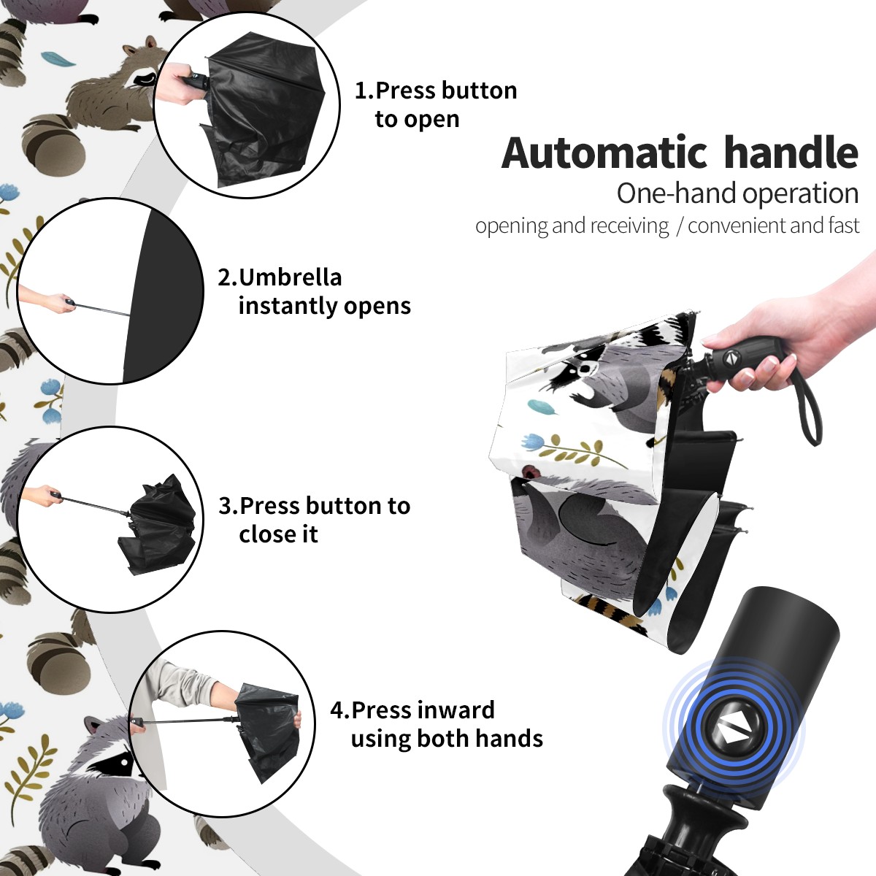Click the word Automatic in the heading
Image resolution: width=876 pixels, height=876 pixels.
tap(604, 153)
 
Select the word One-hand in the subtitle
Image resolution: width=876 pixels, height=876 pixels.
tap(677, 193)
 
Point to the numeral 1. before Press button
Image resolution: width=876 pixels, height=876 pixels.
tap(364, 91)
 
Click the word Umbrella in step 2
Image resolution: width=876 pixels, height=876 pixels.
tap(291, 277)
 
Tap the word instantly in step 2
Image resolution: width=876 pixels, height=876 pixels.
tap(288, 307)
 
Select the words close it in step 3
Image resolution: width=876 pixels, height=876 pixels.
tap(278, 534)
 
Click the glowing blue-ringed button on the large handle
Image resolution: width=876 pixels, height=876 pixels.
tap(732, 731)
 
